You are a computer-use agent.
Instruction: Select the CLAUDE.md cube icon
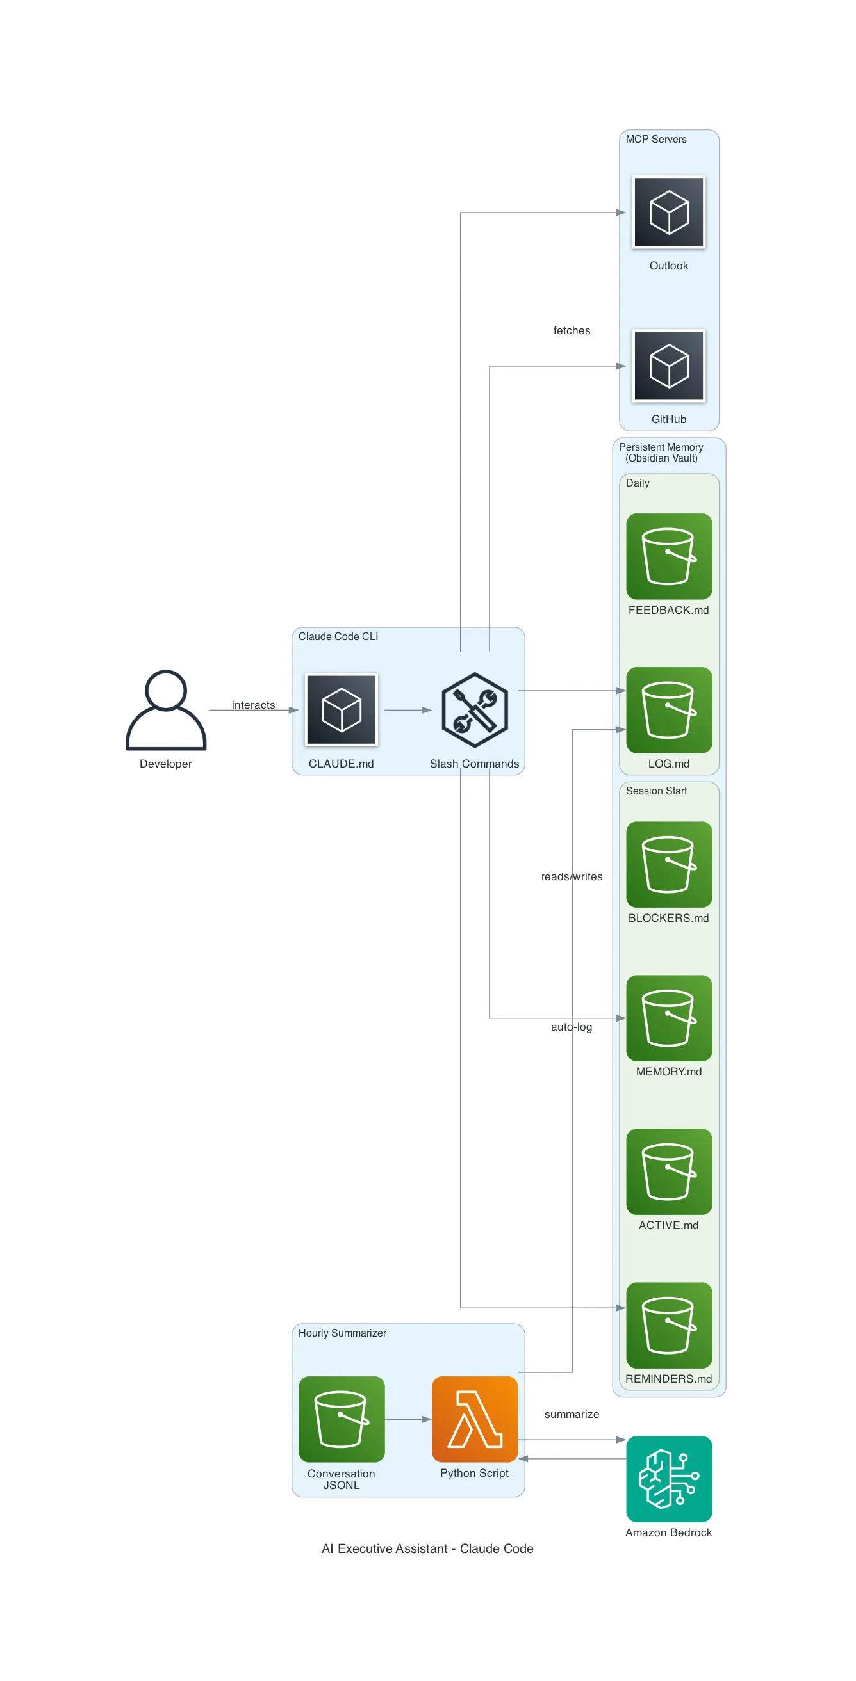pyautogui.click(x=342, y=709)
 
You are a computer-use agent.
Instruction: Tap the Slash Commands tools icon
pyautogui.click(x=475, y=709)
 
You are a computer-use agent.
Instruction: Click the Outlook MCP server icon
pyautogui.click(x=669, y=212)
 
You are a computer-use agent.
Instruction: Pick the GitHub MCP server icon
pyautogui.click(x=669, y=366)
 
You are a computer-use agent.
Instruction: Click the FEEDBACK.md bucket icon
pyautogui.click(x=669, y=556)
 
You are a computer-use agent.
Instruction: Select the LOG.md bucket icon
pyautogui.click(x=669, y=709)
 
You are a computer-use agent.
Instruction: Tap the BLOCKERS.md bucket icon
pyautogui.click(x=669, y=864)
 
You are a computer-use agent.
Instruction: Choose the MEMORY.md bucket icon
pyautogui.click(x=669, y=1017)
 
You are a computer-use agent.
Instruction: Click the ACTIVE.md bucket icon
pyautogui.click(x=669, y=1171)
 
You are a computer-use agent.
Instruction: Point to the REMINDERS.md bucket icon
pyautogui.click(x=669, y=1324)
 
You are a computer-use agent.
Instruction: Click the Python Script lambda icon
pyautogui.click(x=475, y=1419)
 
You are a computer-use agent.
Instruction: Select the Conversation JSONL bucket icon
pyautogui.click(x=342, y=1419)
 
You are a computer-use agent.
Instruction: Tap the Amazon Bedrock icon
pyautogui.click(x=669, y=1478)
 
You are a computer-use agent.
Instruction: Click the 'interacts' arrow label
pyautogui.click(x=253, y=705)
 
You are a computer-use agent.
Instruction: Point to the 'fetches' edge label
pyautogui.click(x=572, y=330)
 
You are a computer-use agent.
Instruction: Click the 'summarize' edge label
pyautogui.click(x=572, y=1413)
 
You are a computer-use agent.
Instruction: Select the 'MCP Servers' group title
pyautogui.click(x=656, y=139)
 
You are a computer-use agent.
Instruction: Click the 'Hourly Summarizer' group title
pyautogui.click(x=342, y=1333)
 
